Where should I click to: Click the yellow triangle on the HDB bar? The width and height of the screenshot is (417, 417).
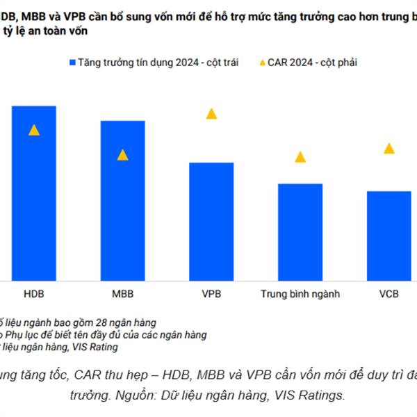[33, 130]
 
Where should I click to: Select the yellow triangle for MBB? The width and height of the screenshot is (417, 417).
[122, 155]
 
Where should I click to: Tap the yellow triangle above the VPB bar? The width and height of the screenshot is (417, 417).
[211, 113]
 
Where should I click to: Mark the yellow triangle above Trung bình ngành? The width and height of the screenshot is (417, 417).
[300, 157]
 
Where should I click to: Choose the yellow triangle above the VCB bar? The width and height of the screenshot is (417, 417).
[389, 148]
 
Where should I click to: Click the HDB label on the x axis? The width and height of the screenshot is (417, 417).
[33, 294]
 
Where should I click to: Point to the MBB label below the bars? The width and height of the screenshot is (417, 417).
[122, 294]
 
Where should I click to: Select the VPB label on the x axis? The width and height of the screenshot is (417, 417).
[211, 294]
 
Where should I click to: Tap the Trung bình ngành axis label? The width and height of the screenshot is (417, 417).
[300, 294]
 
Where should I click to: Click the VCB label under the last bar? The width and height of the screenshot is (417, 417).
[389, 294]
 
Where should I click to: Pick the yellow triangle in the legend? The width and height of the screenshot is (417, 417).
[261, 63]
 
